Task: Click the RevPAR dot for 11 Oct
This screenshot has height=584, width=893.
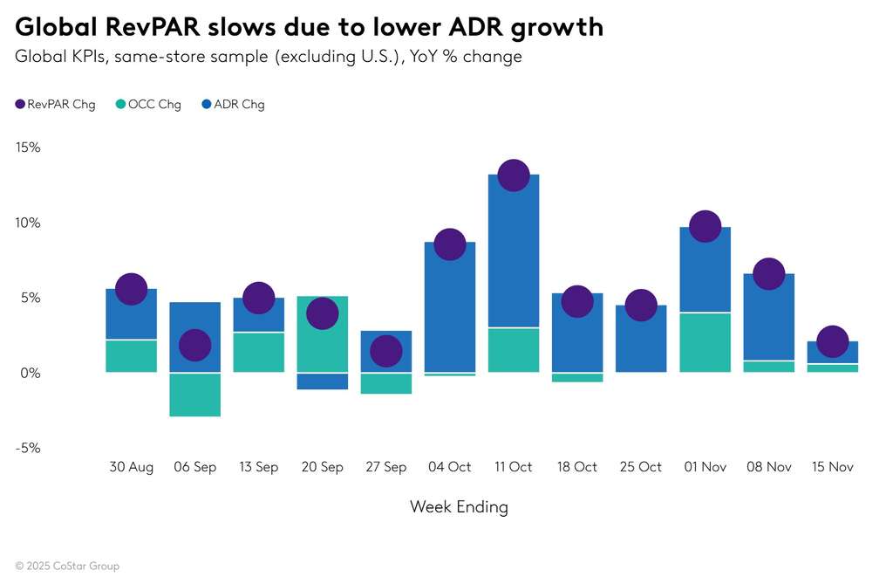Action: pyautogui.click(x=514, y=175)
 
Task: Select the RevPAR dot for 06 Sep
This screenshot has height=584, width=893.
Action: pyautogui.click(x=194, y=345)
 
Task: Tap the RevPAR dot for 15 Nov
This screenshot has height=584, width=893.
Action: pyautogui.click(x=832, y=341)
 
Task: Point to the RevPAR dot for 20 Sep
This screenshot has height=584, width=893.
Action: pyautogui.click(x=322, y=313)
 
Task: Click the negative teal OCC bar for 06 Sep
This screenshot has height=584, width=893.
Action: pyautogui.click(x=194, y=395)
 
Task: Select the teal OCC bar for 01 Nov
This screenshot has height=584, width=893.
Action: pyautogui.click(x=705, y=342)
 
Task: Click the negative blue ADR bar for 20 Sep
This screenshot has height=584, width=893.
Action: pyautogui.click(x=322, y=381)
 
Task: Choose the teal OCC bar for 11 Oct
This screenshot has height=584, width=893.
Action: pyautogui.click(x=514, y=350)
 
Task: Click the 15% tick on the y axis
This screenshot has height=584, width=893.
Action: pyautogui.click(x=28, y=148)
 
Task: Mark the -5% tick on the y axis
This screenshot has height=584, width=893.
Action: pyautogui.click(x=28, y=448)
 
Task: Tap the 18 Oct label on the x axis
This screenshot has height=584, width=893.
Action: pyautogui.click(x=577, y=467)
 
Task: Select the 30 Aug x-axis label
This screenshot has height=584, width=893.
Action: pyautogui.click(x=131, y=467)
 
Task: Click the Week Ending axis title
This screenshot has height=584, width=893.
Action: pyautogui.click(x=459, y=506)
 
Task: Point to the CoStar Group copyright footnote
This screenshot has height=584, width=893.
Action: pyautogui.click(x=67, y=566)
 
